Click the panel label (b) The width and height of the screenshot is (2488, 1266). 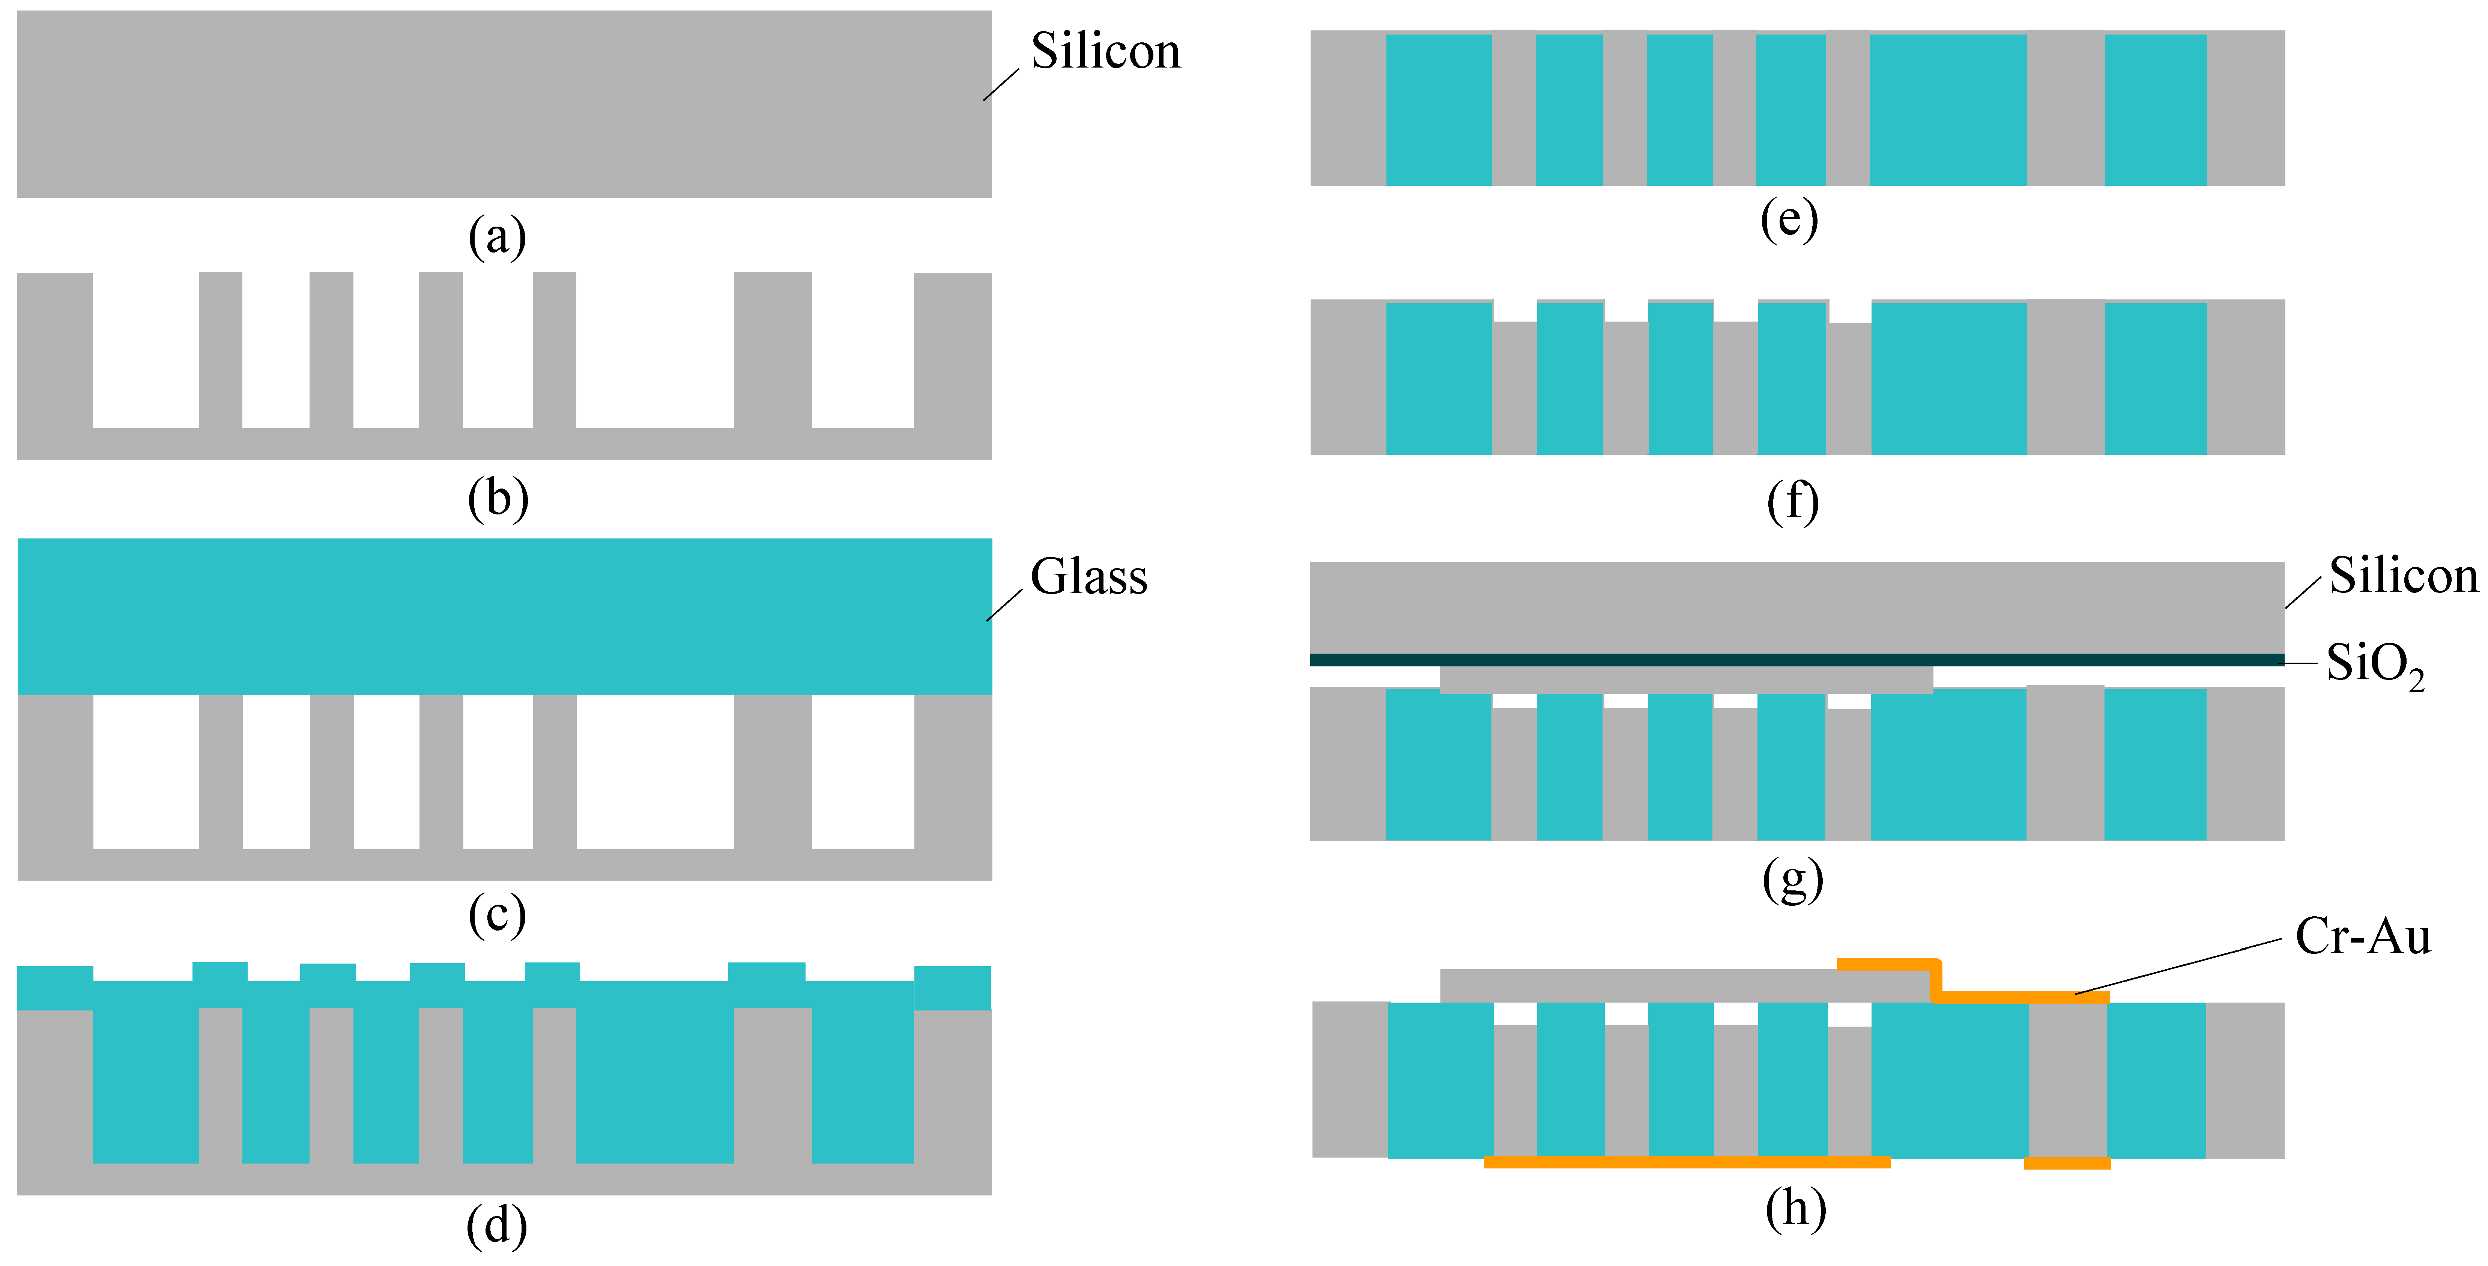pos(498,498)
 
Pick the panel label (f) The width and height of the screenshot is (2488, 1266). pos(1793,501)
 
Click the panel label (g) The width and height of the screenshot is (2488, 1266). pos(1793,879)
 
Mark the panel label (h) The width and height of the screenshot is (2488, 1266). pos(1795,1208)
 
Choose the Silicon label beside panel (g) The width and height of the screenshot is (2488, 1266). pos(2403,576)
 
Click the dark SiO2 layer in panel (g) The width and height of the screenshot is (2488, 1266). pos(1796,660)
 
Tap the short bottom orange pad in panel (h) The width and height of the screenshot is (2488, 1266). pos(2067,1164)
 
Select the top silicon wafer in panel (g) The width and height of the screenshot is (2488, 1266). pos(1796,606)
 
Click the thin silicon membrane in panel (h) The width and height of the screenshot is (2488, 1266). pos(1642,985)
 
